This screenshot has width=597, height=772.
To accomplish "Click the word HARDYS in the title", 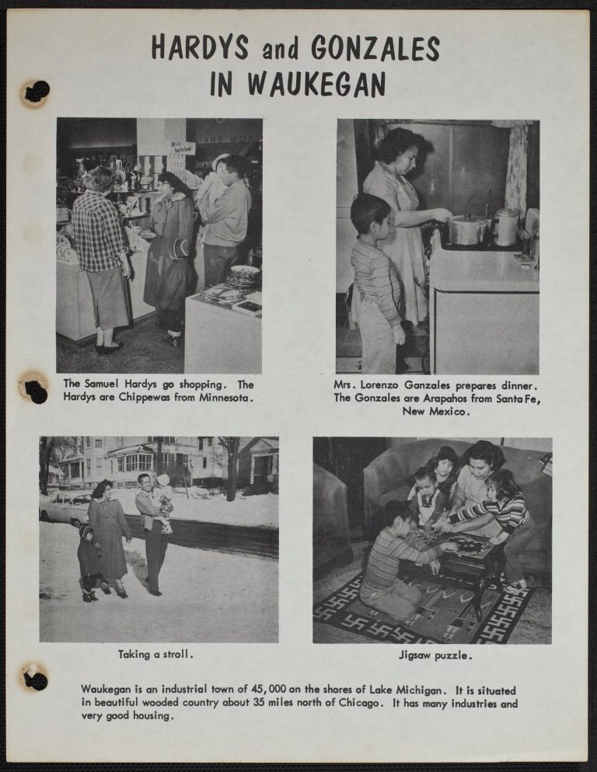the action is click(200, 47).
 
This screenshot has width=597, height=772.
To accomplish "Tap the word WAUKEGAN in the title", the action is click(316, 84).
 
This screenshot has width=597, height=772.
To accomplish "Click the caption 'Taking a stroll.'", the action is click(155, 654).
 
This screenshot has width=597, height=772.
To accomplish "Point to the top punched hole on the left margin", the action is click(37, 92).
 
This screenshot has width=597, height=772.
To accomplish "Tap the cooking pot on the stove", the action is click(467, 229).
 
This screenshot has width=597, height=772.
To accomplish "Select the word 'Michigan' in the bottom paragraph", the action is click(427, 690).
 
